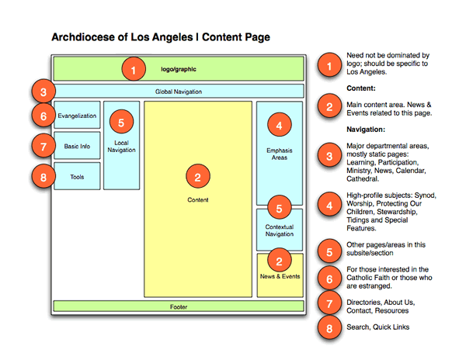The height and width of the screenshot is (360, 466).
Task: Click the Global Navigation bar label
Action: point(178,92)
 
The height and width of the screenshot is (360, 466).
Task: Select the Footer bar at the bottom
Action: point(178,306)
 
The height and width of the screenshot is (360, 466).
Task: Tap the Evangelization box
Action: point(76,116)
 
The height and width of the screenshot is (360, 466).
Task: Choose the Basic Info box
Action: point(76,146)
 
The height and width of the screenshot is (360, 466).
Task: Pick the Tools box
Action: point(76,176)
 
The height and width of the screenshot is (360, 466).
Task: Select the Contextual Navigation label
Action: point(280,230)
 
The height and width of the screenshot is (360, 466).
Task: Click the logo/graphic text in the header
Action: point(178,69)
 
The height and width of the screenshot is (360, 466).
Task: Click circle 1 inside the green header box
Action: point(134,70)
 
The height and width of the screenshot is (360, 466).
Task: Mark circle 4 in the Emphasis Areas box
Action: point(280,123)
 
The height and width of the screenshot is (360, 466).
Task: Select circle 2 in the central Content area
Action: point(198,178)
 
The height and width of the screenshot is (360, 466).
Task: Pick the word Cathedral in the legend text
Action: point(367,178)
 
